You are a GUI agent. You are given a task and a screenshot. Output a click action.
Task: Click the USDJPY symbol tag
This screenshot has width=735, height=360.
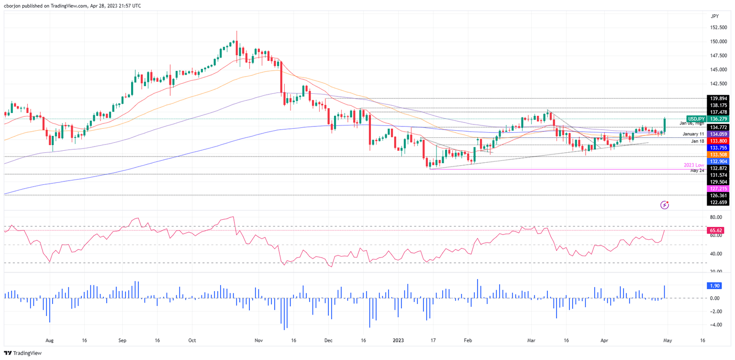coord(696,118)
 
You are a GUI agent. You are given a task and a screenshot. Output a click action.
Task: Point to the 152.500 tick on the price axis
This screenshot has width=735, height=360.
coord(717,28)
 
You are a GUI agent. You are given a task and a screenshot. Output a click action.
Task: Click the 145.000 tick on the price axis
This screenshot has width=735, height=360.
coord(717,69)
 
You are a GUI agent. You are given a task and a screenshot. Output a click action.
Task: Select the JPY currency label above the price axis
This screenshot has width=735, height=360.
coord(715,16)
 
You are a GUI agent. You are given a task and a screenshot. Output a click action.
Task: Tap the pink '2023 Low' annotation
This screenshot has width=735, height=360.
coord(694,165)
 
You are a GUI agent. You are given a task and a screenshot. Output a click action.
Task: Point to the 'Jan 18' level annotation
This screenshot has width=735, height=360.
coord(697,141)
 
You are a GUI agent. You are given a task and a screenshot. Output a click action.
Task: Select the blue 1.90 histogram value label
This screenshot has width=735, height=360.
coord(714,286)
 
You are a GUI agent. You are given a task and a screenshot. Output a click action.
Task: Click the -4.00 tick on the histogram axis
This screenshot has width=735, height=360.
coord(715,325)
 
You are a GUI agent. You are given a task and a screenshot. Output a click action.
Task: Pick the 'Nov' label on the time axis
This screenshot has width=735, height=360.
coord(259,341)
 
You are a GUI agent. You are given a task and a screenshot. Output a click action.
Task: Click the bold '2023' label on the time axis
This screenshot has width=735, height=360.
coord(398,341)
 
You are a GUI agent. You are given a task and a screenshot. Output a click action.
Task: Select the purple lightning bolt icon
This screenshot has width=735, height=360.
coord(664,205)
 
